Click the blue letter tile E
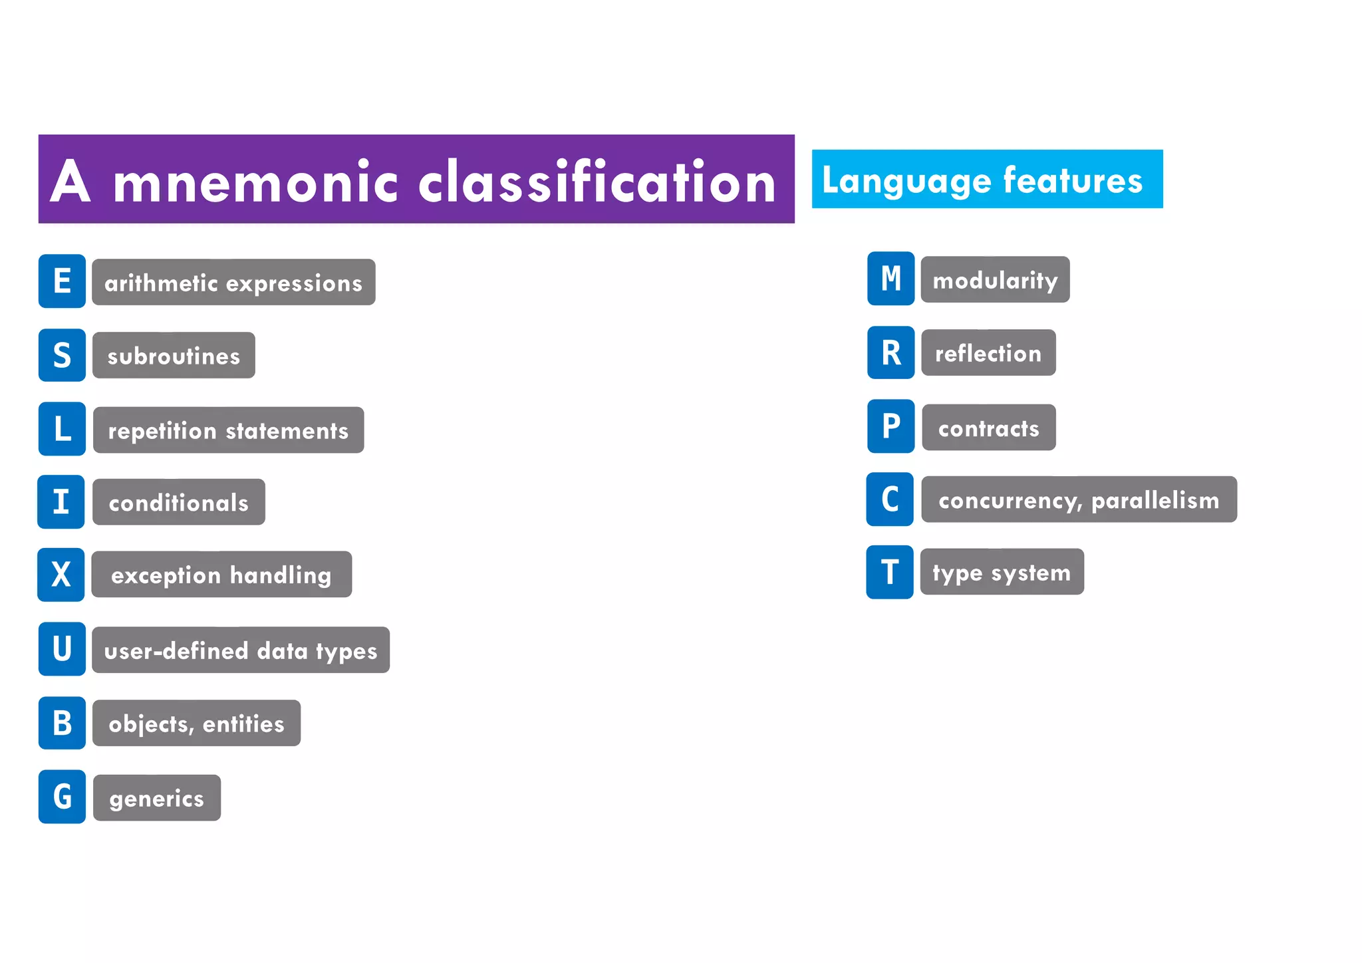(x=62, y=281)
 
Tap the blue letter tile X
(x=61, y=575)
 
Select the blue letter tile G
(x=62, y=797)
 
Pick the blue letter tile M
(x=890, y=279)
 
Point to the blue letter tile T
(x=890, y=572)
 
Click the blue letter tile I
(x=61, y=502)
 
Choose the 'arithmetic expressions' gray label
(x=233, y=283)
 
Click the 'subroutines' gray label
(x=174, y=356)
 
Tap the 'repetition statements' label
(x=228, y=430)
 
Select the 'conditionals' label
(x=178, y=502)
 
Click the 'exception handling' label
(x=221, y=575)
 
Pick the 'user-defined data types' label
(x=241, y=650)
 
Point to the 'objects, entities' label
(x=196, y=723)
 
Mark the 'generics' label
(x=157, y=797)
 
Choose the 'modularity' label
(x=995, y=280)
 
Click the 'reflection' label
(x=988, y=353)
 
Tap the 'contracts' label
(x=989, y=428)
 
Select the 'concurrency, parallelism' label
(x=1079, y=499)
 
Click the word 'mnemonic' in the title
(x=255, y=182)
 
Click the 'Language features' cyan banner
(x=987, y=180)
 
